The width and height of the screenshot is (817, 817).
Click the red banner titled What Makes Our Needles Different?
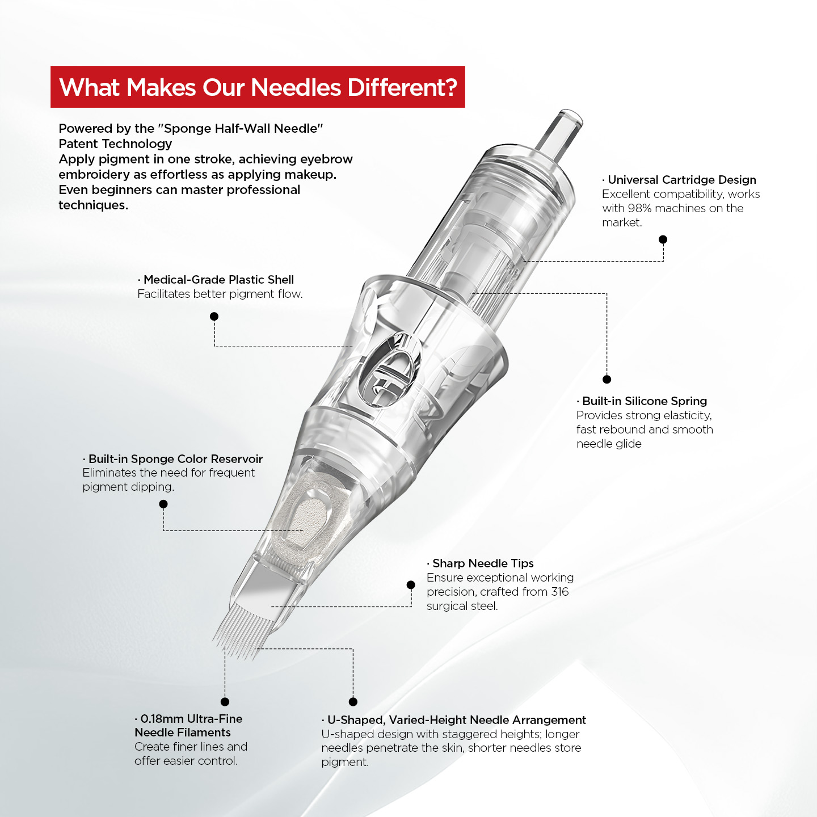pyautogui.click(x=258, y=86)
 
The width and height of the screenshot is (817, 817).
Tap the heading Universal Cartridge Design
pyautogui.click(x=682, y=180)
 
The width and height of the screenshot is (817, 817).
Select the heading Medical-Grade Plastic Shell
pyautogui.click(x=218, y=279)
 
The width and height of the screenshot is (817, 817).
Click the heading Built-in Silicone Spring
pyautogui.click(x=645, y=401)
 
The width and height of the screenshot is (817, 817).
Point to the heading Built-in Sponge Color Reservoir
pyautogui.click(x=175, y=459)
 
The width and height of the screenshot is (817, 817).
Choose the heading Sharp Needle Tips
pyautogui.click(x=483, y=563)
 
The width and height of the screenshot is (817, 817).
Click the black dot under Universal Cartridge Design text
pyautogui.click(x=663, y=239)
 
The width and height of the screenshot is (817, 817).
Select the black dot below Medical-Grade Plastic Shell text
pyautogui.click(x=214, y=316)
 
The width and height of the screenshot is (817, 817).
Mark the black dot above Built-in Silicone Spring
pyautogui.click(x=607, y=380)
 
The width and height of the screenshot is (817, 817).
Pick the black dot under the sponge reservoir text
pyautogui.click(x=163, y=504)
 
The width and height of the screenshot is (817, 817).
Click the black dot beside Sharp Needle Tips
pyautogui.click(x=411, y=585)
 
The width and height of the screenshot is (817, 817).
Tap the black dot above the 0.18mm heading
pyautogui.click(x=225, y=702)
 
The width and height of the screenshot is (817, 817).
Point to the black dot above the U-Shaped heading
pyautogui.click(x=353, y=702)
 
